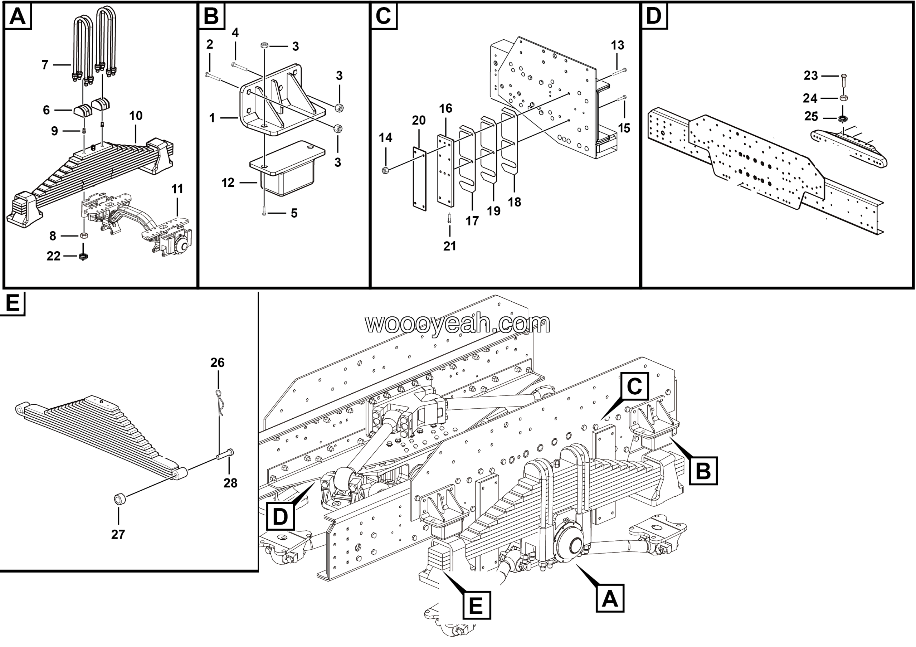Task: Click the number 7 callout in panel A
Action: point(45,65)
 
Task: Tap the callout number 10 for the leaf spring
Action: point(136,116)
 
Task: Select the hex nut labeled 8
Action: point(84,235)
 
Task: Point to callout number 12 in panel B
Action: point(228,183)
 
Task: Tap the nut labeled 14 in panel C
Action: point(385,170)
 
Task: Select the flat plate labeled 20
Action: point(419,179)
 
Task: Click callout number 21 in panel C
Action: point(450,246)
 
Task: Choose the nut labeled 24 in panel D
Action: point(843,98)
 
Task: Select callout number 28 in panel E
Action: point(230,483)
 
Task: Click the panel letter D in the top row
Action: point(653,16)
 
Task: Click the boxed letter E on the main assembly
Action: point(476,605)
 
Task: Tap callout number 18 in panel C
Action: point(514,202)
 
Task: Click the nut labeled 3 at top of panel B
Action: point(264,45)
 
